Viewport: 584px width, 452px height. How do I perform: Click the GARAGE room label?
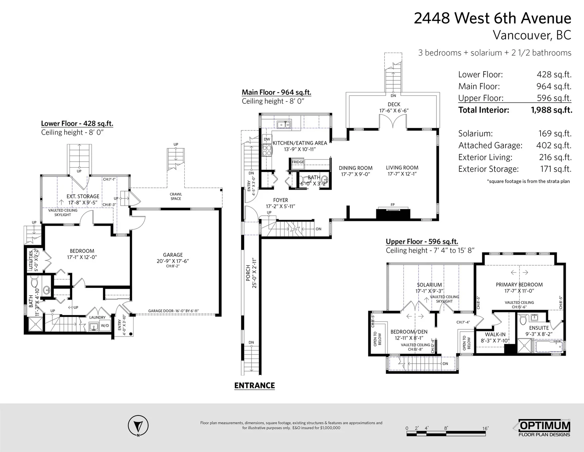point(173,255)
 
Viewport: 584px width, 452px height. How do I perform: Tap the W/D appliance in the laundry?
point(105,326)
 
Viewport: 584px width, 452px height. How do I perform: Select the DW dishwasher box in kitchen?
point(267,139)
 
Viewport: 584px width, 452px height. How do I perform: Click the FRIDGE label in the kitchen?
point(298,162)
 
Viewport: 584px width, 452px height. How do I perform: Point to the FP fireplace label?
point(393,205)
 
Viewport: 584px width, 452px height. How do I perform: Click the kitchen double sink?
point(284,125)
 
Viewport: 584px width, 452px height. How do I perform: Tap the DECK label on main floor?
point(394,105)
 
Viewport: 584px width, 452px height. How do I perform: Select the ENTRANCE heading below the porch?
point(254,385)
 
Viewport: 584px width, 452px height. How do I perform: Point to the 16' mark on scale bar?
point(485,428)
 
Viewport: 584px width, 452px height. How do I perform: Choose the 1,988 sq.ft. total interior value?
point(552,110)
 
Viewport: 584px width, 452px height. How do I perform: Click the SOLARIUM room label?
point(430,285)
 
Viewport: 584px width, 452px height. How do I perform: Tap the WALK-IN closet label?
point(495,334)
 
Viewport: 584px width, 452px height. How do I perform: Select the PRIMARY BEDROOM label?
point(519,285)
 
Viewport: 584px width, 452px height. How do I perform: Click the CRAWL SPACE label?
point(176,197)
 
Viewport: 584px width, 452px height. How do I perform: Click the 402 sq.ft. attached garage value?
point(554,145)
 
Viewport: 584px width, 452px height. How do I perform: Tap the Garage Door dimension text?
point(173,311)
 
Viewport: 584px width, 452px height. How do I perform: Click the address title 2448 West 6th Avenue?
point(492,18)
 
